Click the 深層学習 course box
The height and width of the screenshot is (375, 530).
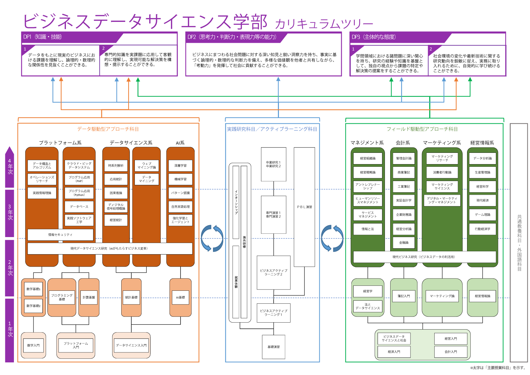(181, 165)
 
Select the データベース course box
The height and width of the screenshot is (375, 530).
(79, 207)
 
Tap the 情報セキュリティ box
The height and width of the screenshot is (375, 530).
(60, 235)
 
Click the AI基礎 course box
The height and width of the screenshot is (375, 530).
(181, 297)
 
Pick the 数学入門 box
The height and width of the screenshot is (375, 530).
(33, 345)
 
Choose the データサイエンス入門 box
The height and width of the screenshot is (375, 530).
(131, 345)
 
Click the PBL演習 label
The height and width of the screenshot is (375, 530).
(304, 207)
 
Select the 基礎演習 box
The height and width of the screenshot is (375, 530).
(274, 347)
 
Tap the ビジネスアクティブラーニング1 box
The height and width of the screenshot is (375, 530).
(274, 313)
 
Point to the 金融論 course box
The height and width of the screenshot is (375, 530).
(404, 243)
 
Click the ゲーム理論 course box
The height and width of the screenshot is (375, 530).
(483, 215)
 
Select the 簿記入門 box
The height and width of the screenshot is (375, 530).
(404, 296)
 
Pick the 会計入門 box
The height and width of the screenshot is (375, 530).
(451, 352)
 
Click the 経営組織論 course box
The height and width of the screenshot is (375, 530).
(368, 158)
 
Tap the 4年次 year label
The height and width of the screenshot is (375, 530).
(10, 166)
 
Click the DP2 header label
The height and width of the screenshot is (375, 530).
(232, 37)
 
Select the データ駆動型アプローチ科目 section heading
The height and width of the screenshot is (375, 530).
(108, 129)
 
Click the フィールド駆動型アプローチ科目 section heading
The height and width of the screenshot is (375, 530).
(422, 129)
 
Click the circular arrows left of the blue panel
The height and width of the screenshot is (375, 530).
(212, 238)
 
